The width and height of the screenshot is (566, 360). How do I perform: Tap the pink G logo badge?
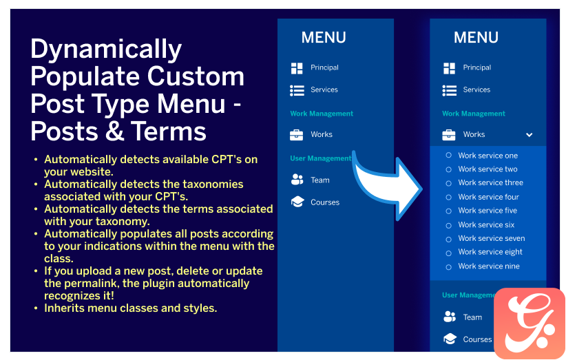click(530, 323)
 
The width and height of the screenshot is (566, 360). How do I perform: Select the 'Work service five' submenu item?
click(488, 211)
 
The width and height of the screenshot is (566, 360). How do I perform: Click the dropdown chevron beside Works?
click(530, 135)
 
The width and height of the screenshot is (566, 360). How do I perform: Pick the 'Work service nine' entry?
click(489, 266)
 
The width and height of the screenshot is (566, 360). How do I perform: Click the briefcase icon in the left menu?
click(296, 134)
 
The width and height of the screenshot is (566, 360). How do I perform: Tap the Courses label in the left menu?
click(325, 202)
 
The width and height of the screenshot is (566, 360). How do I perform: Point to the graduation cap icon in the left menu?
click(297, 202)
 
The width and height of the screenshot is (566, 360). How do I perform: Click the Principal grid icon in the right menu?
click(449, 68)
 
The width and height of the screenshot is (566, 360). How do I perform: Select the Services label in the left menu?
click(324, 89)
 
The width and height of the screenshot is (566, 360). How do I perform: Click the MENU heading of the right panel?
click(476, 37)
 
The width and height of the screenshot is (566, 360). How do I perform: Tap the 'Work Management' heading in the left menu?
click(322, 114)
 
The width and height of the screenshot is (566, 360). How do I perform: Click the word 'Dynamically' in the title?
click(106, 50)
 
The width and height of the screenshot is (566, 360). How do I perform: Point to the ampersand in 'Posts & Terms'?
click(115, 131)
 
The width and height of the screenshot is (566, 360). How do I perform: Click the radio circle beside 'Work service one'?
click(448, 155)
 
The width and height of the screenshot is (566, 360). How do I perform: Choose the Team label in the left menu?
click(319, 180)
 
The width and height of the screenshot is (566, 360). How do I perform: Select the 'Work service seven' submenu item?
click(491, 238)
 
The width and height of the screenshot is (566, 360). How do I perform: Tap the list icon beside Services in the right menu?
click(449, 90)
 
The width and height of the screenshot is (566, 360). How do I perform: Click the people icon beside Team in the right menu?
click(450, 317)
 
